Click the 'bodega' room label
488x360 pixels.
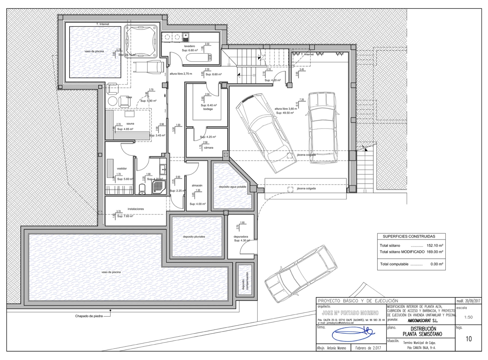coord(208,109)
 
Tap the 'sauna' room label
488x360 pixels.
coord(130,124)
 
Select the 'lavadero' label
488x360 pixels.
coord(189,46)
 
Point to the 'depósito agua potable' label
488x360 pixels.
coord(232,187)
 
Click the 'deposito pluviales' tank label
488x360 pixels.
coord(194,237)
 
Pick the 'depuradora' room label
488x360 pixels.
coord(241,237)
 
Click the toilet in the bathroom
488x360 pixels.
coord(142,189)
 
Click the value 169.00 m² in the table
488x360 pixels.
coord(435,252)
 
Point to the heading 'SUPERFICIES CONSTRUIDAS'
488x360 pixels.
coord(409,236)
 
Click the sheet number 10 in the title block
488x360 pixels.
coord(469,339)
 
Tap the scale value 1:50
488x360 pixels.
coord(468,317)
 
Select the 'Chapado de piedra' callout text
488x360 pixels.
coord(89,316)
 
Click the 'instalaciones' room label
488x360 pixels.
coord(136,209)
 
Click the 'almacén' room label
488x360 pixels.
coord(197,185)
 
